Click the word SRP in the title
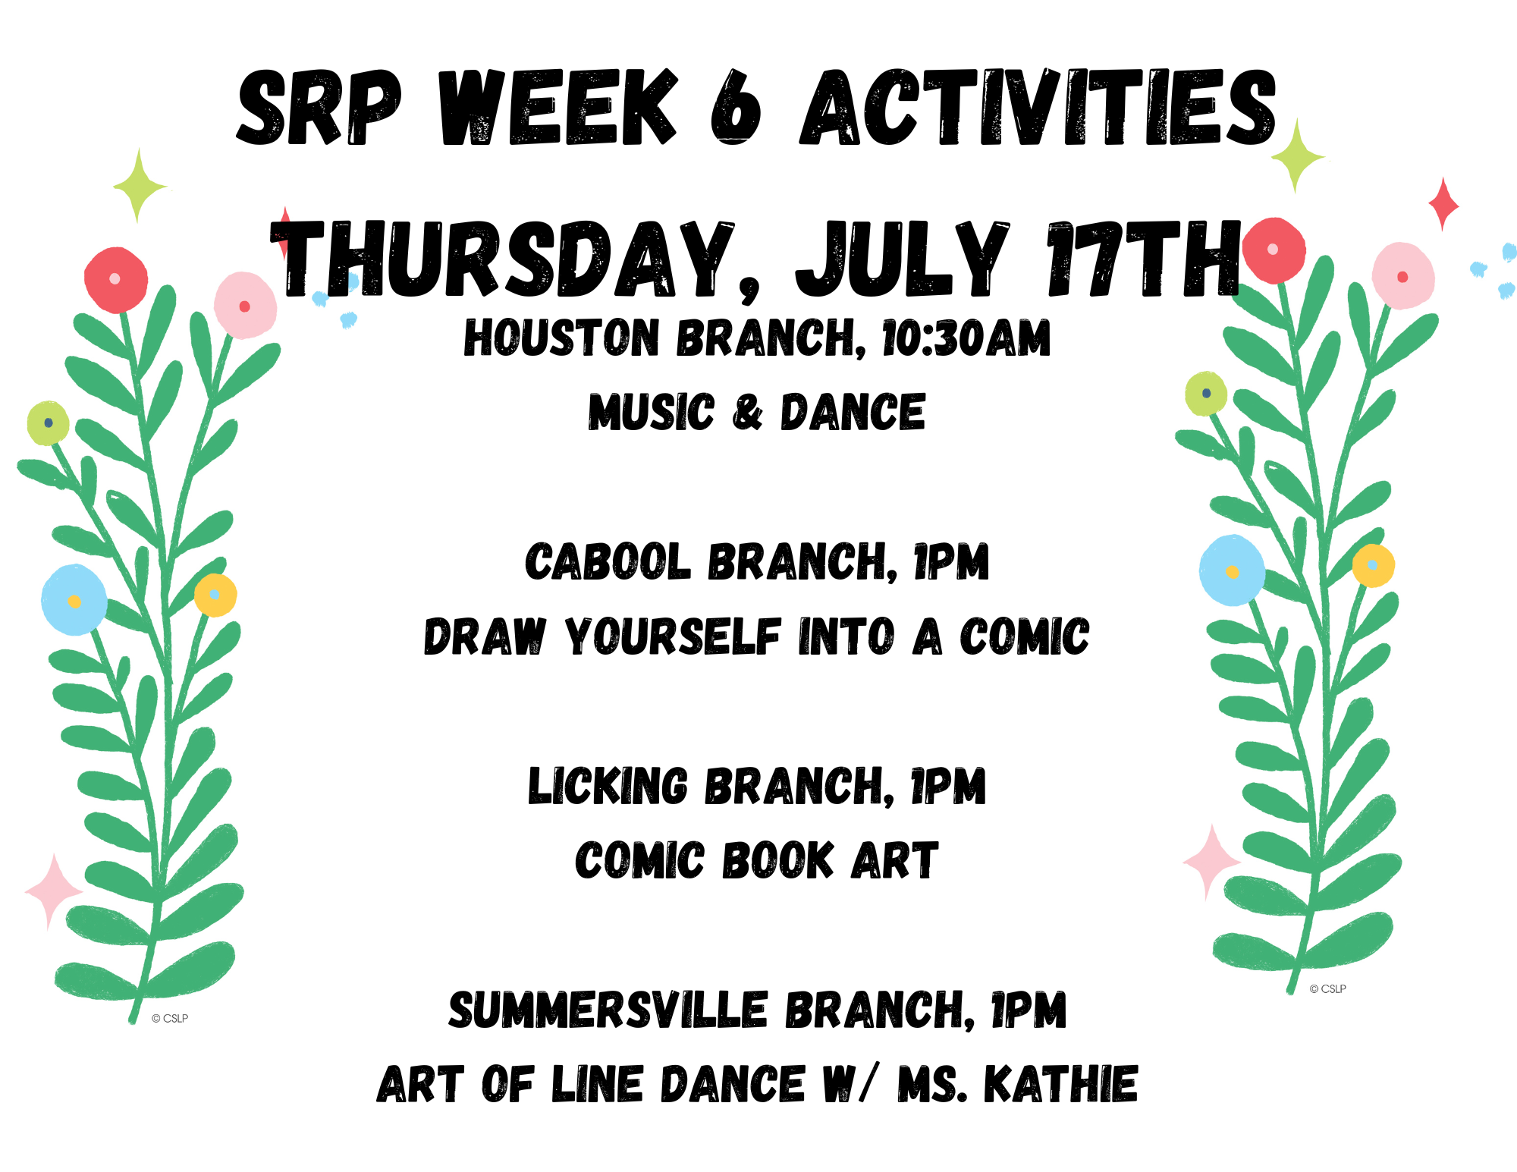[x=319, y=107]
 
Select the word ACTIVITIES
[x=1038, y=107]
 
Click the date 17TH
[x=1143, y=259]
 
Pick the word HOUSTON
[x=561, y=338]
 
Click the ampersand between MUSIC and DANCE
[x=747, y=413]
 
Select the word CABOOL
[x=608, y=562]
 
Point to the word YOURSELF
[x=673, y=636]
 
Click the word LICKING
[x=608, y=786]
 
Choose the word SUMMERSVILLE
[x=608, y=1010]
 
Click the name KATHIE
[x=1060, y=1084]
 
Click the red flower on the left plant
[x=115, y=280]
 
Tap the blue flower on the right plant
[x=1232, y=570]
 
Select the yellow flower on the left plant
[x=215, y=595]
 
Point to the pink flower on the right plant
[x=1403, y=275]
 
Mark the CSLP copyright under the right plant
[x=1327, y=989]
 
